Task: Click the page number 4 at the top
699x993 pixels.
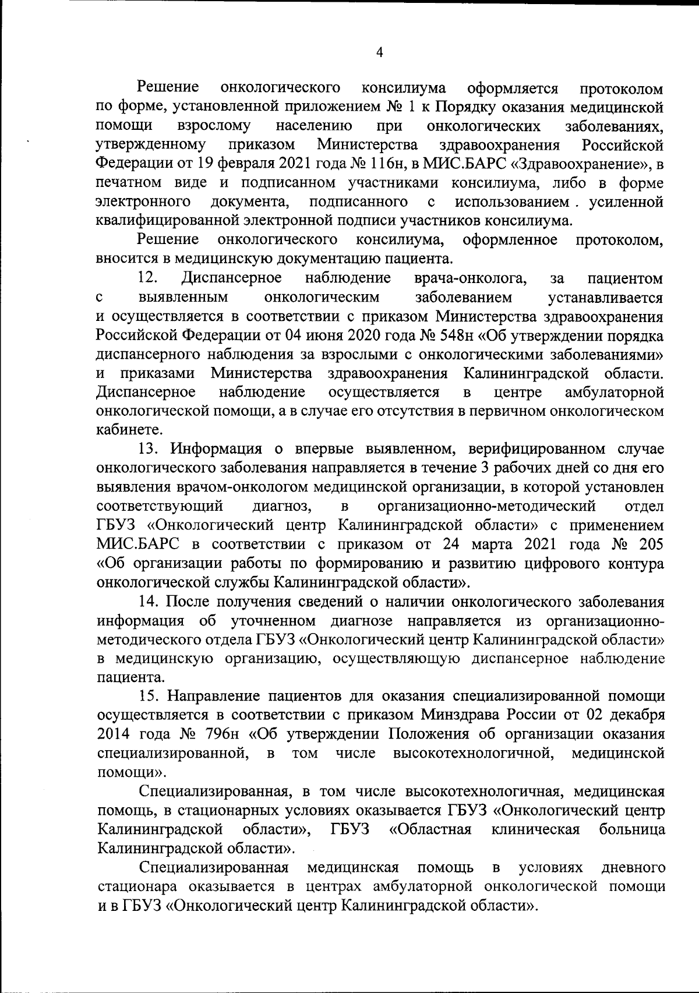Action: pos(380,52)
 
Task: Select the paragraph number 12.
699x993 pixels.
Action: pos(149,278)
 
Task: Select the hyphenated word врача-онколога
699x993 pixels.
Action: pos(470,278)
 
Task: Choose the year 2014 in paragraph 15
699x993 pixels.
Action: pos(116,734)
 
